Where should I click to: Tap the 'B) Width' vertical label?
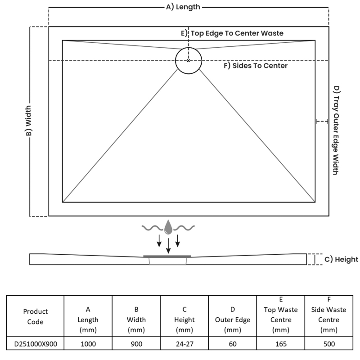28,122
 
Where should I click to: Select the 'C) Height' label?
341,259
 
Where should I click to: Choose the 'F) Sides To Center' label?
256,66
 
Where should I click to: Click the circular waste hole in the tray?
189,60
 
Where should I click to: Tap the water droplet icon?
168,227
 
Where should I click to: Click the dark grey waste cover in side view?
167,256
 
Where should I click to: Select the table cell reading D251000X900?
35,343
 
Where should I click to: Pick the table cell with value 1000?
88,343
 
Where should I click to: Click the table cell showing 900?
136,343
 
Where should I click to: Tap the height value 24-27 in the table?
184,343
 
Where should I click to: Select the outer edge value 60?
233,343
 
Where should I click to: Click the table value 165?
281,343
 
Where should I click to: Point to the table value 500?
329,343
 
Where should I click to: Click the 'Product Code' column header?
35,316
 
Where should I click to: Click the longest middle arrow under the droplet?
168,245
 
